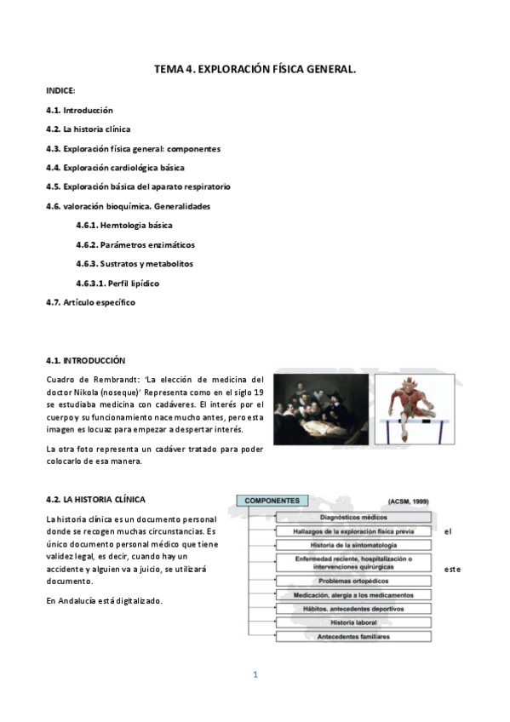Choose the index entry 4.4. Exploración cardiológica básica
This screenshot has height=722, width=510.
(115, 167)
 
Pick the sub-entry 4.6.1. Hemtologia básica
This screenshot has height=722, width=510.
(123, 226)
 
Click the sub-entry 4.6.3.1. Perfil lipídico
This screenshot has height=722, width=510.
(117, 283)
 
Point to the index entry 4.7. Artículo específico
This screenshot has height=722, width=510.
(90, 301)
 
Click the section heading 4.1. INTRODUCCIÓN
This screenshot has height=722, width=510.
(85, 360)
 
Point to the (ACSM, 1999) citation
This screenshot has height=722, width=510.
(409, 502)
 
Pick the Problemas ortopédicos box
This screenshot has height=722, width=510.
(352, 580)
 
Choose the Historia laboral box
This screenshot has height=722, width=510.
(352, 623)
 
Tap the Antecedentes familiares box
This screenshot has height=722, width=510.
(352, 637)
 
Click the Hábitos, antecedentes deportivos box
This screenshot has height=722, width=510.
(352, 609)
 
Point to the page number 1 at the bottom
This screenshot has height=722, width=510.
(255, 675)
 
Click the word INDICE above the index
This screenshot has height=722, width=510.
(60, 89)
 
